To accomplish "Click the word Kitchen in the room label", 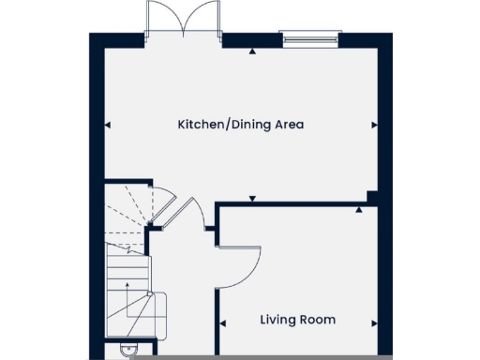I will [199, 124].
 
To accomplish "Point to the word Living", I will [279, 320].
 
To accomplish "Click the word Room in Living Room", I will [320, 320].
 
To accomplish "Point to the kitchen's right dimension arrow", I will [376, 124].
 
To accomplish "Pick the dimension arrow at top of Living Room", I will [358, 210].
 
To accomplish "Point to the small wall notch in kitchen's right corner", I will [372, 197].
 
